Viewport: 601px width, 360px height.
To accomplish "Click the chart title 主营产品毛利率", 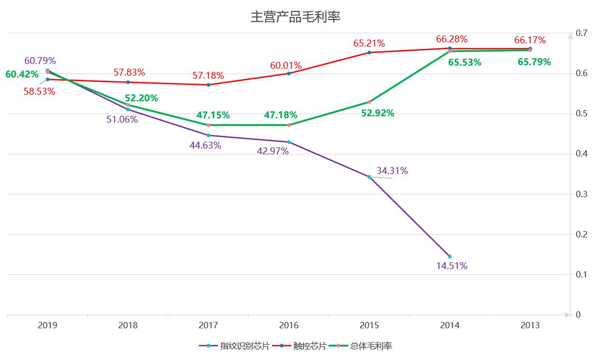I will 295,17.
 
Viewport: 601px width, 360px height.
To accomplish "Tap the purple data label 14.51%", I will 452,266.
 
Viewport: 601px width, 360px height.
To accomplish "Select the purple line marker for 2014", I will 450,256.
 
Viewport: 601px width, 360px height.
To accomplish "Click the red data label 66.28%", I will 452,39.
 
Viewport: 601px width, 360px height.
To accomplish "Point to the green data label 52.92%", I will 378,113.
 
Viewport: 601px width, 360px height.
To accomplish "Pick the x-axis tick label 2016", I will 289,326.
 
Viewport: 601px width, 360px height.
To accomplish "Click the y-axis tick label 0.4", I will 582,154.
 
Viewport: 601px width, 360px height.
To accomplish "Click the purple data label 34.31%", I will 392,171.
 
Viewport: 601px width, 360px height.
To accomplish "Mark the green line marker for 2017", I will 208,125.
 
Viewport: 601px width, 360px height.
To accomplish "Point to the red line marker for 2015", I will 369,52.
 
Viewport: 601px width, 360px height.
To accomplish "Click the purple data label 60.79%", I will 40,61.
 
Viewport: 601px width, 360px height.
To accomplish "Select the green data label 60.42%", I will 22,74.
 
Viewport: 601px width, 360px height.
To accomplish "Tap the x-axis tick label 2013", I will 530,326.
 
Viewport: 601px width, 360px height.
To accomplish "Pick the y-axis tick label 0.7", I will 582,33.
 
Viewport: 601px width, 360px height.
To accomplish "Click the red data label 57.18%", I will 208,76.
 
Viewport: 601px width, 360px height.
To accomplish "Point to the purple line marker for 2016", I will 289,142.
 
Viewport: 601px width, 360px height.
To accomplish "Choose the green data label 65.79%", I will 534,62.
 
